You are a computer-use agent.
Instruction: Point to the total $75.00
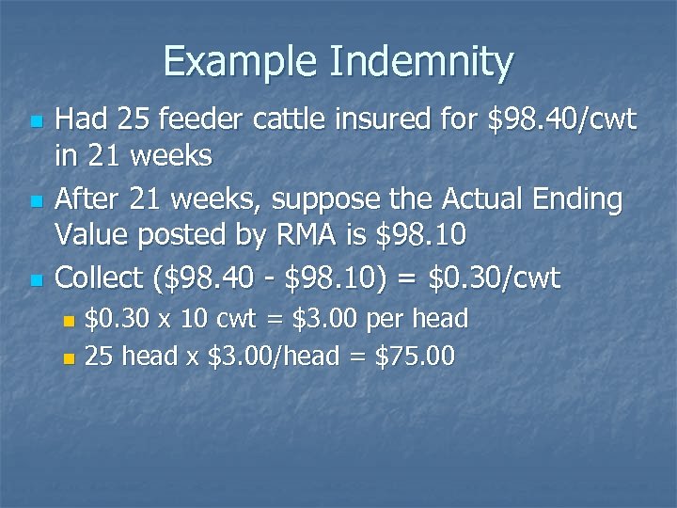tap(414, 357)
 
